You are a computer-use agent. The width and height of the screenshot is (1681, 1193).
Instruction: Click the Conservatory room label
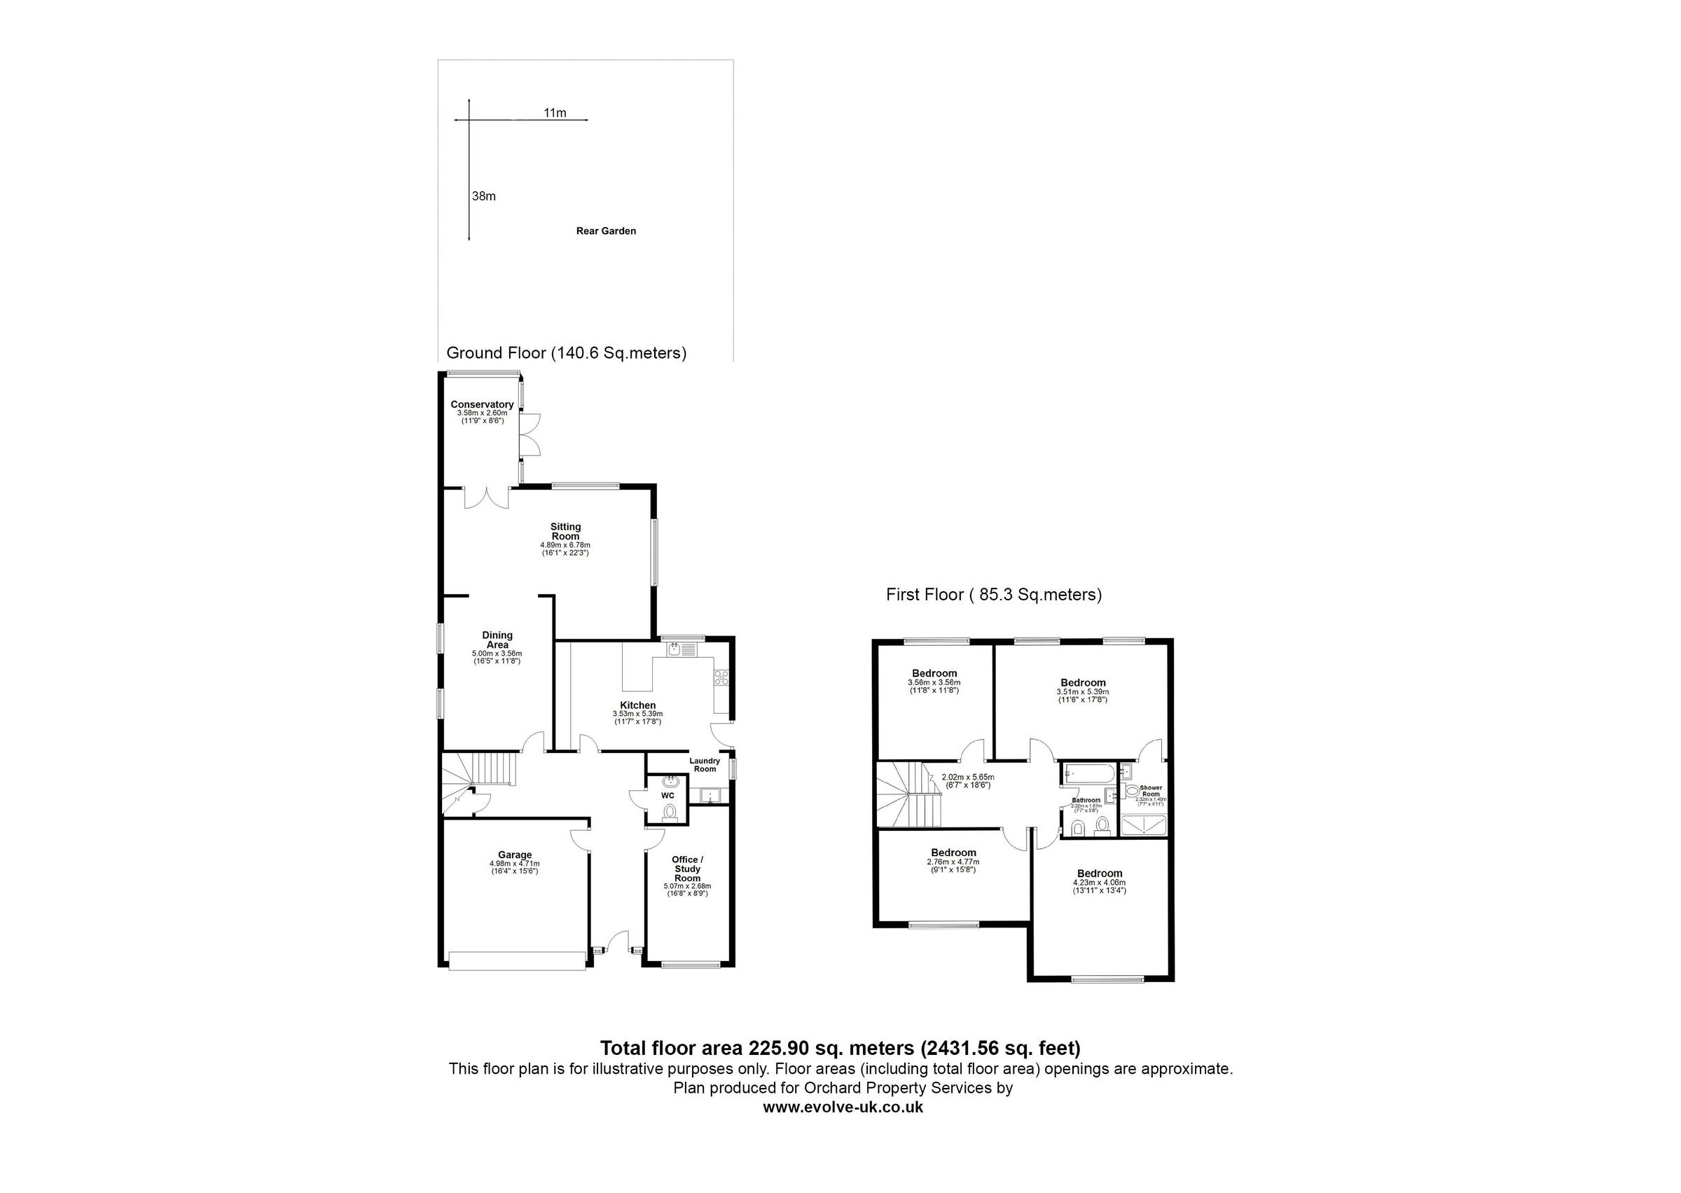tap(482, 405)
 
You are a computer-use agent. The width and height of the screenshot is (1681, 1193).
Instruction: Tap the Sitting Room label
tap(565, 531)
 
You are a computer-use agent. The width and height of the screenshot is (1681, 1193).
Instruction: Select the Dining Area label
tap(497, 640)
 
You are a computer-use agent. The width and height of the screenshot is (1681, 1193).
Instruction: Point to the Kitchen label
tap(637, 705)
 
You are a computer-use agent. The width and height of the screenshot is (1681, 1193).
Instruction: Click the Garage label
tap(515, 855)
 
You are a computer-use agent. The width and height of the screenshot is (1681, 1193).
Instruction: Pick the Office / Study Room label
tap(687, 868)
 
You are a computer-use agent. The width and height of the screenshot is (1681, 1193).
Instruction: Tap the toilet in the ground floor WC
tap(669, 812)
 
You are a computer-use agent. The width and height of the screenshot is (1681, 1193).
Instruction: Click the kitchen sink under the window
tap(681, 649)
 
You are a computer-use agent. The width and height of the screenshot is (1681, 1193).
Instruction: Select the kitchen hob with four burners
tap(721, 677)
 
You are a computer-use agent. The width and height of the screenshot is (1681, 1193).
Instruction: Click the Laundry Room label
tap(705, 765)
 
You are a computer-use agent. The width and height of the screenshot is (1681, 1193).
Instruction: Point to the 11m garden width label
tap(555, 112)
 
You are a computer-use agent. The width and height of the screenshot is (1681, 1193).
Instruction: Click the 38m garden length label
tap(484, 196)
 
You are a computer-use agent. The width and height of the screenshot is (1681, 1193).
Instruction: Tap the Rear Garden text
tap(606, 230)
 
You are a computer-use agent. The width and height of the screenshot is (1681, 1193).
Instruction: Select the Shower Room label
tap(1151, 790)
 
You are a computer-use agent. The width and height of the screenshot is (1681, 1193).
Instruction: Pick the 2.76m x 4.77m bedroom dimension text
tap(953, 862)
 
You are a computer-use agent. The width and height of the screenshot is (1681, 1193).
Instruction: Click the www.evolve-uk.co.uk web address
tap(843, 1107)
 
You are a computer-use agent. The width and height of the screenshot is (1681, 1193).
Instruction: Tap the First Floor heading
tap(994, 594)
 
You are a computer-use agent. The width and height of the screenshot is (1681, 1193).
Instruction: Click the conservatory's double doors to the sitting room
tap(486, 498)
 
